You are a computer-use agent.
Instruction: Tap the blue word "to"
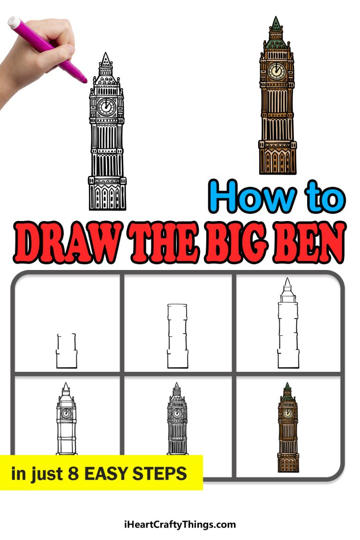pyautogui.click(x=322, y=196)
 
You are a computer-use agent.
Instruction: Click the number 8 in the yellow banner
pyautogui.click(x=73, y=473)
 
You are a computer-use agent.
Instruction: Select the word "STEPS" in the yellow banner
pyautogui.click(x=163, y=473)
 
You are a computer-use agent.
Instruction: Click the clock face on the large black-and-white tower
pyautogui.click(x=106, y=107)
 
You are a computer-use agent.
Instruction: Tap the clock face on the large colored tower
pyautogui.click(x=276, y=72)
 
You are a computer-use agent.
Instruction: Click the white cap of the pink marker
pyautogui.click(x=14, y=22)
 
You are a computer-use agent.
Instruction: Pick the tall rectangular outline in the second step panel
pyautogui.click(x=178, y=336)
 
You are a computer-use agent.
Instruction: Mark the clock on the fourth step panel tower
pyautogui.click(x=66, y=413)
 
